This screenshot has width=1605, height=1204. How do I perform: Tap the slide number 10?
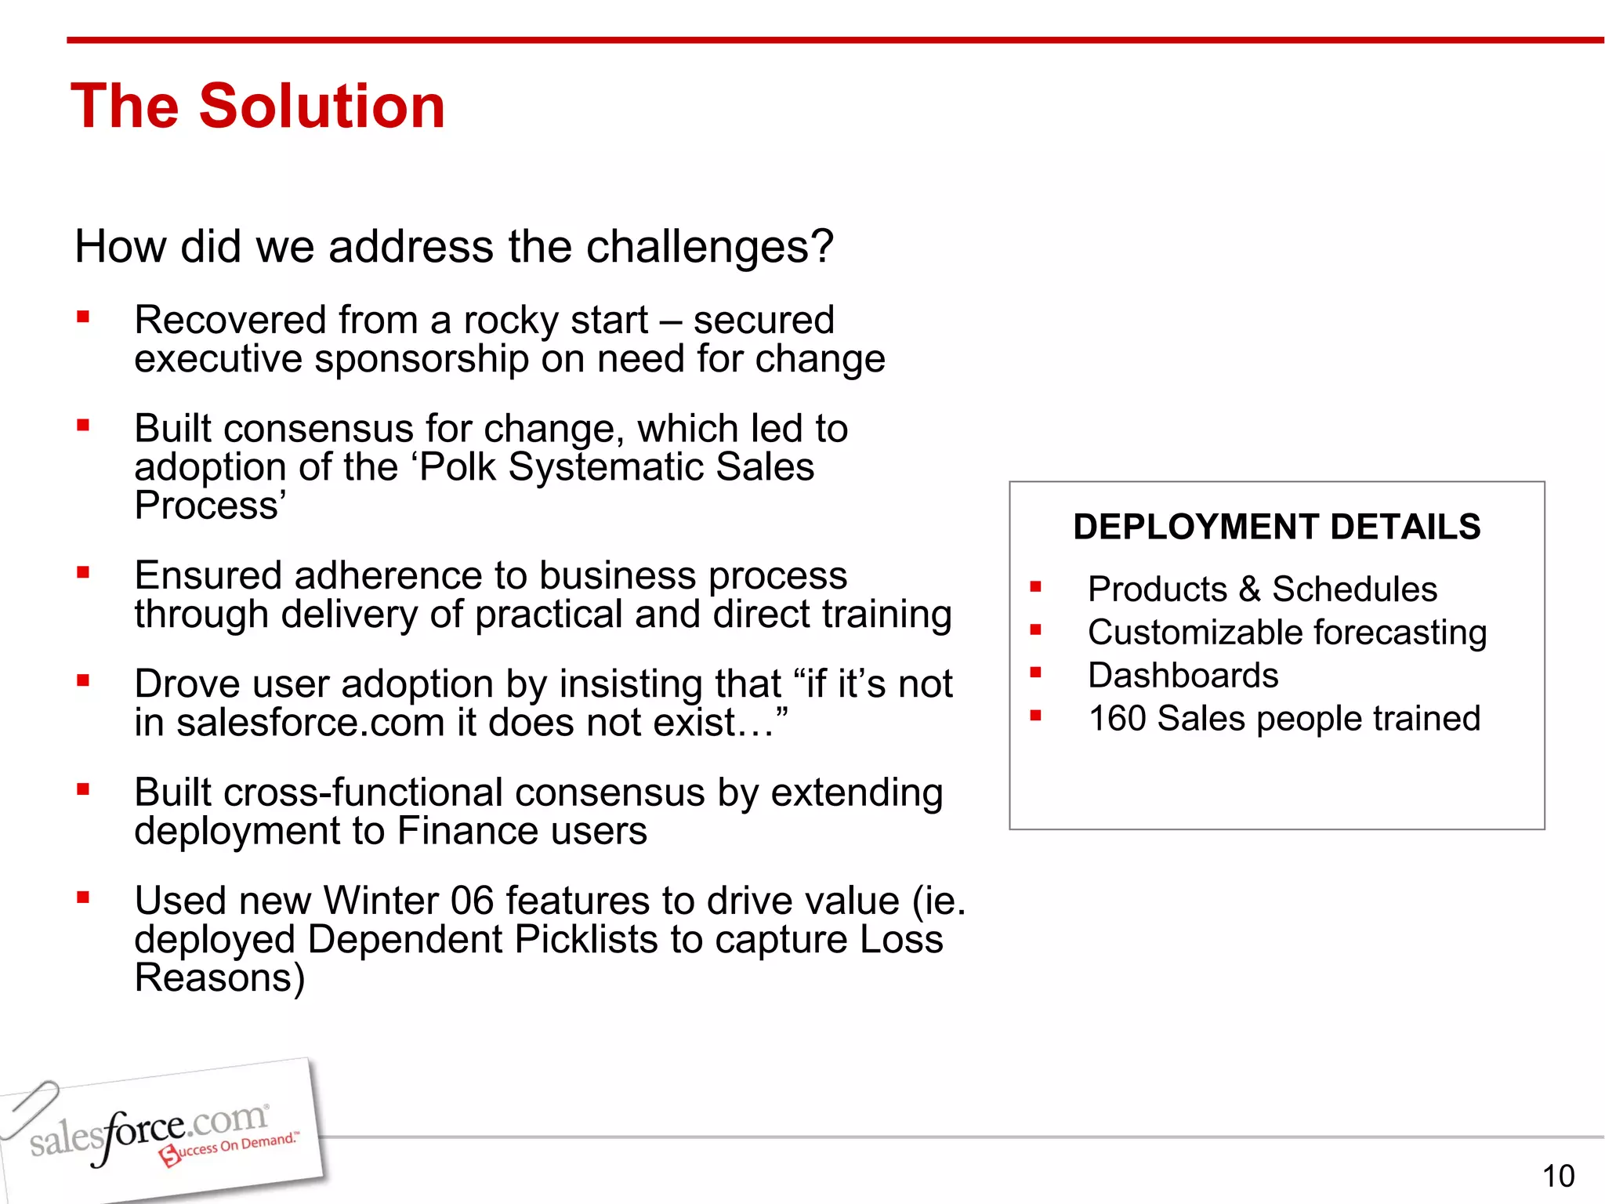point(1558,1176)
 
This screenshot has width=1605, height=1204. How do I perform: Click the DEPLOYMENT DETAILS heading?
point(1277,527)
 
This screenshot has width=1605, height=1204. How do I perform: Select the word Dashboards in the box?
point(1183,676)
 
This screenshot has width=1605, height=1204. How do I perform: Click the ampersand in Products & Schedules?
point(1249,589)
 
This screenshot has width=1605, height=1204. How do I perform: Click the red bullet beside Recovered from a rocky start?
point(83,317)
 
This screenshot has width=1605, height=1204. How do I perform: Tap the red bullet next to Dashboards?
point(1035,673)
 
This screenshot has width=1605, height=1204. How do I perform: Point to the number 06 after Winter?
point(472,901)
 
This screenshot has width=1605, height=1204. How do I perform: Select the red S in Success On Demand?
point(168,1155)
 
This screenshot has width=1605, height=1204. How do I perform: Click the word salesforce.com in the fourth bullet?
point(310,723)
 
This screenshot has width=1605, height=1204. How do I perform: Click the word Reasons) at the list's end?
point(219,978)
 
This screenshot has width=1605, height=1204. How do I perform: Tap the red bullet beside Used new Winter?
point(83,898)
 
